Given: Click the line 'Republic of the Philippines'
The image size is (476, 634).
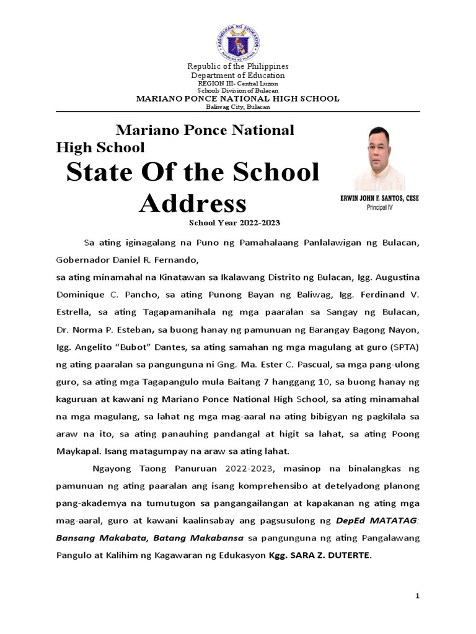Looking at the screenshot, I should [x=238, y=66].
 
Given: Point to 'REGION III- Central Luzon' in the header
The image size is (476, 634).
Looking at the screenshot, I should [x=238, y=83].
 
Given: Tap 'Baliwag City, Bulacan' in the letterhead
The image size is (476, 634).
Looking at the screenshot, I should [x=238, y=106].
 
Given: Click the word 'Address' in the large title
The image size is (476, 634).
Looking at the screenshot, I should [x=192, y=202].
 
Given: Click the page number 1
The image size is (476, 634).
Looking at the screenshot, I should [x=418, y=595].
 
